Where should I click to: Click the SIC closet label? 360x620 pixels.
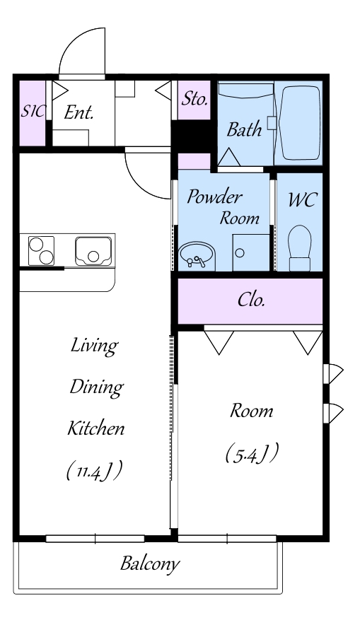coord(33,112)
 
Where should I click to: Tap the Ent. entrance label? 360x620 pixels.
coord(79,113)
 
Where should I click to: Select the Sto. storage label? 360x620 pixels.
coord(194,99)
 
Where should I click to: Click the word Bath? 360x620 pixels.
coord(245,129)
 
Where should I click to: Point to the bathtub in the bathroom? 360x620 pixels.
coord(299,122)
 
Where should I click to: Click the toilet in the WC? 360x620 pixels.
coord(300,248)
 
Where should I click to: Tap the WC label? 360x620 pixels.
coord(302,199)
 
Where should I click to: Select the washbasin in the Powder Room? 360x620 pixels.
coord(197,256)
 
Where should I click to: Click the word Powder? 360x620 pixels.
coord(214,197)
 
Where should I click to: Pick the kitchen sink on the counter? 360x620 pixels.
coord(93,251)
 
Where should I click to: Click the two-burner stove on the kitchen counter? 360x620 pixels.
coord(41,250)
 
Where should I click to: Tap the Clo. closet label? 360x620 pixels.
coord(251,300)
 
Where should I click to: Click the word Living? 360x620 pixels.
coord(94,346)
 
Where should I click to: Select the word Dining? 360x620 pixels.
coord(96,387)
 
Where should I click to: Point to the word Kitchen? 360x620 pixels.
coord(96,428)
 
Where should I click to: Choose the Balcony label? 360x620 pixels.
coord(150,563)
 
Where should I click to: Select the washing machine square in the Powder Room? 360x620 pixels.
coord(251,252)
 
